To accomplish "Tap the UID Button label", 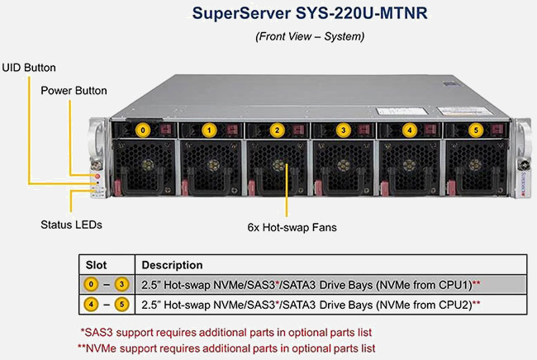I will click(29, 66).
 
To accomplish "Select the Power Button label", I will click(74, 90).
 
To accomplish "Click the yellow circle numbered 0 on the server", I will click(143, 130).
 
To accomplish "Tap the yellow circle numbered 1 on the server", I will click(210, 130).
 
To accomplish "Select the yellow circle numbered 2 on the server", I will click(277, 130).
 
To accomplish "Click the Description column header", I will click(172, 265).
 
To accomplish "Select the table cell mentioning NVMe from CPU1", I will click(311, 285).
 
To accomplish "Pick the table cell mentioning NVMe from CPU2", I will click(311, 305).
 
